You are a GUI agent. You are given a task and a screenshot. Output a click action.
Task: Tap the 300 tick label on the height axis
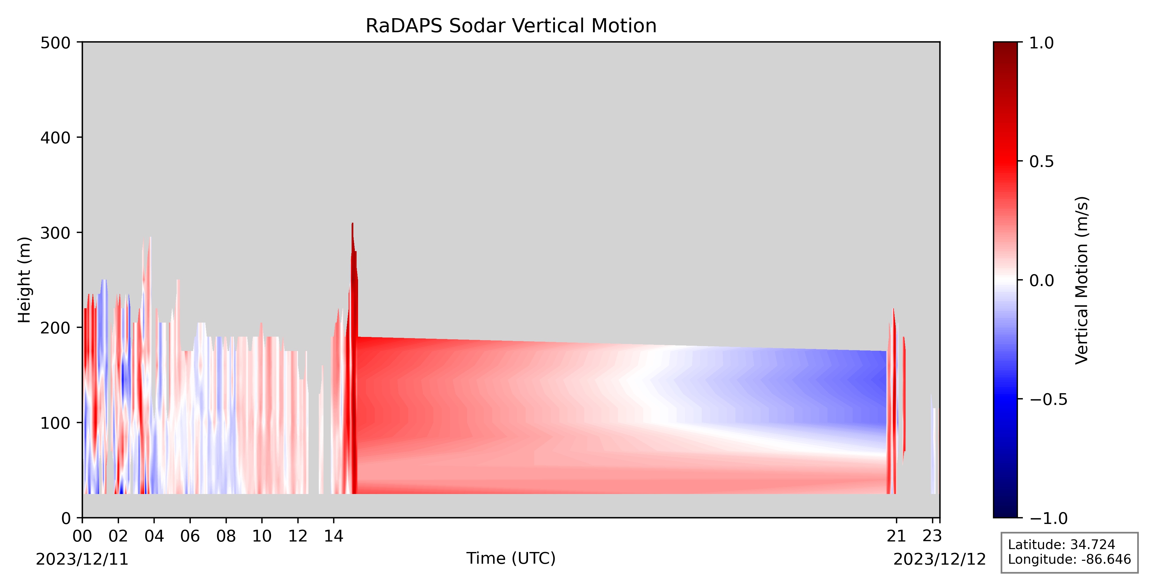click(55, 233)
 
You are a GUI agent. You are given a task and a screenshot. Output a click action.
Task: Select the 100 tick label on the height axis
click(55, 423)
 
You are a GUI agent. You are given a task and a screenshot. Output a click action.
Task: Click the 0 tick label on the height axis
click(67, 518)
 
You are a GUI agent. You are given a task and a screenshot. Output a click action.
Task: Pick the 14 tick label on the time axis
click(333, 536)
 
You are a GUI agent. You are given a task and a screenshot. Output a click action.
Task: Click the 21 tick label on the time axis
click(896, 536)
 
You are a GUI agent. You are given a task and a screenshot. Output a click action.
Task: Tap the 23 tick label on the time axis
click(932, 536)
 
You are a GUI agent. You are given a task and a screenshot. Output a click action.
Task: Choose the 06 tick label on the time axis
click(190, 536)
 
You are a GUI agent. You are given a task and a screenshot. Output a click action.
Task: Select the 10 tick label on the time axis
click(262, 536)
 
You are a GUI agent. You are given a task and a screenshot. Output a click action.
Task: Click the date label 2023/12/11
click(82, 559)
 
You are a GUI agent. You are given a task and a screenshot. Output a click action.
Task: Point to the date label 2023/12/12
click(940, 559)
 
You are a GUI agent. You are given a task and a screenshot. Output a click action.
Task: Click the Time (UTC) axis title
click(511, 558)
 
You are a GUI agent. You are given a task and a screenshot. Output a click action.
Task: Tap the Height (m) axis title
click(25, 280)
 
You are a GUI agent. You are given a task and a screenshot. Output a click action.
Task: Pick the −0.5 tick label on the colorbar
click(1048, 399)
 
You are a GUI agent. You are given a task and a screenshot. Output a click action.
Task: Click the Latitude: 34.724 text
click(1062, 545)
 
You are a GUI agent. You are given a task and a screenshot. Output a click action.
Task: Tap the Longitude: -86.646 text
click(1069, 559)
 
